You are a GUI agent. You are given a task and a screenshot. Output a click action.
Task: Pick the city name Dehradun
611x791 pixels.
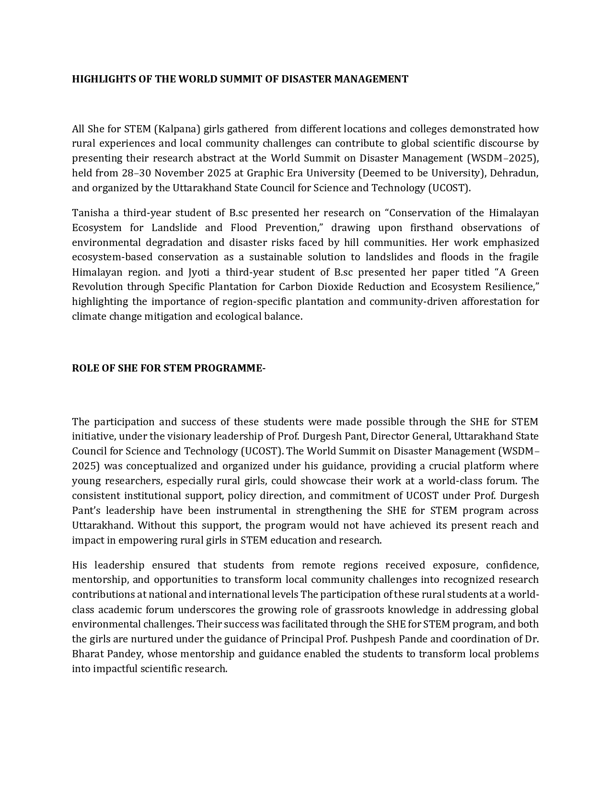pyautogui.click(x=513, y=173)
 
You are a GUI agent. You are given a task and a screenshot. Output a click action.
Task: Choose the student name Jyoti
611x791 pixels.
pyautogui.click(x=197, y=272)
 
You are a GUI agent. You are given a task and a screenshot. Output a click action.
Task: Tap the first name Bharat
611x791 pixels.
pyautogui.click(x=89, y=654)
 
